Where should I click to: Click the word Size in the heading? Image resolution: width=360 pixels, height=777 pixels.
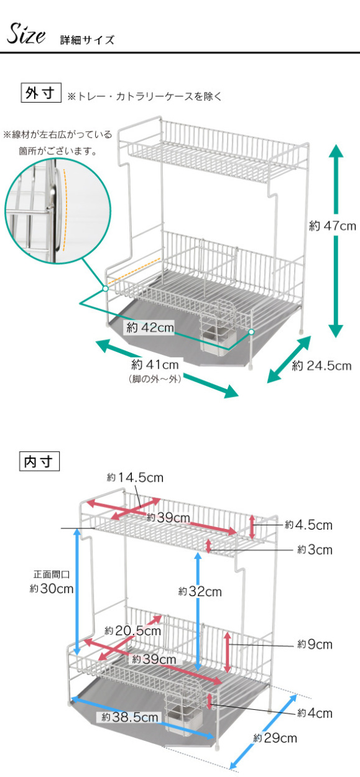tap(26, 34)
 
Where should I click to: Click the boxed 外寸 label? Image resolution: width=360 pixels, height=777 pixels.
tap(41, 93)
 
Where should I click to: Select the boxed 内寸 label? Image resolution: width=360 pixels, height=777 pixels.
tap(39, 461)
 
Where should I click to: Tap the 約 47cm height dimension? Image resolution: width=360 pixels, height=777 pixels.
tap(333, 226)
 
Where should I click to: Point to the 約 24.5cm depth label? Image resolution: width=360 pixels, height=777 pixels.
tap(321, 366)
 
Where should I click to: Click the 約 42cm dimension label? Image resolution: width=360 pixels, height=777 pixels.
tap(150, 328)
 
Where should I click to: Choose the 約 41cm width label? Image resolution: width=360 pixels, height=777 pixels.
tap(155, 364)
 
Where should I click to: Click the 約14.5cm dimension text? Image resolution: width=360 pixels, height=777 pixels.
tap(135, 477)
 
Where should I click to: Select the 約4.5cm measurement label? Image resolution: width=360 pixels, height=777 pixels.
tap(308, 525)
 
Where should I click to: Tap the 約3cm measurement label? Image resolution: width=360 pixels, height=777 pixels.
tap(315, 549)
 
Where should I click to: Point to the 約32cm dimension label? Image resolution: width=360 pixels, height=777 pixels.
tap(200, 591)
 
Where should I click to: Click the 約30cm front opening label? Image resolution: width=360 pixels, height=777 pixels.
tap(52, 588)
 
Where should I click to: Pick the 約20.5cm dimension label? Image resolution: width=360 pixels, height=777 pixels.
tap(133, 631)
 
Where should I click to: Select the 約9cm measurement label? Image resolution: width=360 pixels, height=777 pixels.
tap(315, 644)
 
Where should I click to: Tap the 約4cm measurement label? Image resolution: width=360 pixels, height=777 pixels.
tap(315, 713)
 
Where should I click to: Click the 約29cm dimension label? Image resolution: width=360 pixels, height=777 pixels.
tap(275, 738)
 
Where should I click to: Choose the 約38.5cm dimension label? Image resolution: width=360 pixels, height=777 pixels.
tap(130, 717)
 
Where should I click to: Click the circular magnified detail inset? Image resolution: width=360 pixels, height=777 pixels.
tap(58, 211)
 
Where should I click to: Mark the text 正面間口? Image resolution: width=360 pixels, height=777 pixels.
tap(52, 574)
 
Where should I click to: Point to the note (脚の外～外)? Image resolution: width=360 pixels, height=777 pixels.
tap(155, 379)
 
